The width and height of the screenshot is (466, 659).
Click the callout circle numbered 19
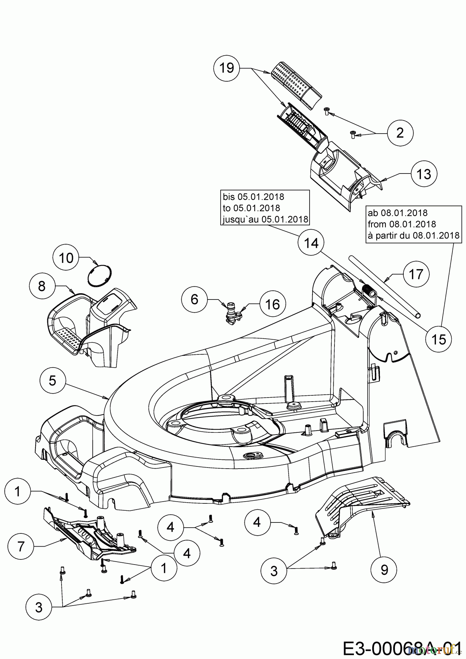(x=227, y=68)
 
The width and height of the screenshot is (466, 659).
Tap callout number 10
(x=66, y=258)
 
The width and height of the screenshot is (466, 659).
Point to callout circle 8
(x=41, y=286)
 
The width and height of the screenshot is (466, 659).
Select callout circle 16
(x=272, y=304)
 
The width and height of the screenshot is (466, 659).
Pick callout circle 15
(x=439, y=339)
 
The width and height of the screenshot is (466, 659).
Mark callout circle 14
(x=311, y=243)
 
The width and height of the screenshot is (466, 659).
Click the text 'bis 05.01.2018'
(x=253, y=197)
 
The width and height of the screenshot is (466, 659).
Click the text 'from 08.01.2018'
(x=402, y=224)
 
